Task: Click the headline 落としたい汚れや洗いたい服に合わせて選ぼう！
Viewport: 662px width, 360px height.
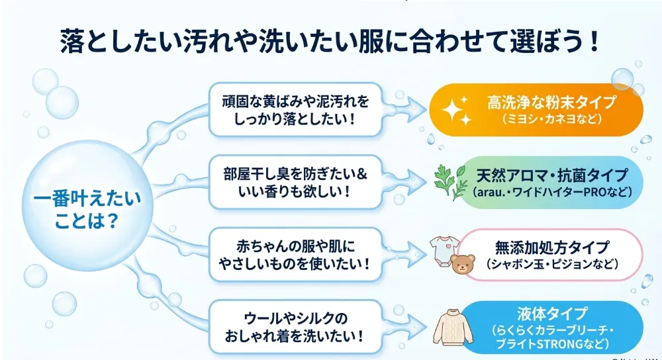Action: point(329,41)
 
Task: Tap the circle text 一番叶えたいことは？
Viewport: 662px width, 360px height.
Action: point(87,210)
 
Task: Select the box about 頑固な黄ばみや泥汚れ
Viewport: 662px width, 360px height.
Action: point(295,110)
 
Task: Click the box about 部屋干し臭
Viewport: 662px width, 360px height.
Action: point(295,183)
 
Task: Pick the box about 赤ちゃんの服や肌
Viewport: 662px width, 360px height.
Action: point(295,255)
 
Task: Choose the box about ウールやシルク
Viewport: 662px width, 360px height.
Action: point(295,327)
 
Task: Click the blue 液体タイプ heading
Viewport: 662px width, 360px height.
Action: point(552,314)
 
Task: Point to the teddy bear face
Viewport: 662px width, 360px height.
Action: point(463,264)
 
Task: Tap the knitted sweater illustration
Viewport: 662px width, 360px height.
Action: point(453,328)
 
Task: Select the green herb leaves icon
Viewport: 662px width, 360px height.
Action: point(450,183)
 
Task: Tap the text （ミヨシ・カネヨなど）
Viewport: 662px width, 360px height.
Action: point(551,119)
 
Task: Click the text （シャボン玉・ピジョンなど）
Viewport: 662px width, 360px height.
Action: point(552,264)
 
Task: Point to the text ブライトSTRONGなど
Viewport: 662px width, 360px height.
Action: point(552,344)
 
